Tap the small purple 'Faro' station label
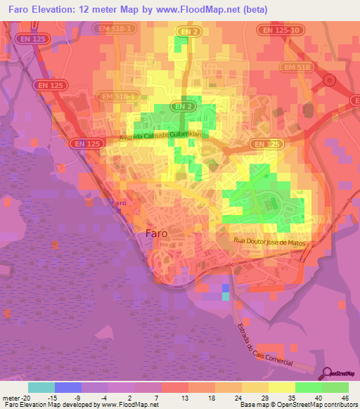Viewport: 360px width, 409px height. click(x=120, y=203)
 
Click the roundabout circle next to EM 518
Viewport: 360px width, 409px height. click(x=328, y=79)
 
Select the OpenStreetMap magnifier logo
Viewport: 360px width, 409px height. click(x=328, y=375)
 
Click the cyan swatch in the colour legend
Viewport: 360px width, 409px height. click(x=41, y=387)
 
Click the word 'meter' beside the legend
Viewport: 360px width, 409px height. click(x=9, y=398)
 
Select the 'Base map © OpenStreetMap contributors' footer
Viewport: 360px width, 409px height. click(x=298, y=405)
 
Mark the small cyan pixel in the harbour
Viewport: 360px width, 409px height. click(x=225, y=296)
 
